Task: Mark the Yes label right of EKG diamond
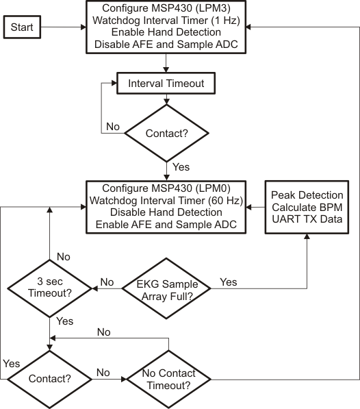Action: click(x=229, y=282)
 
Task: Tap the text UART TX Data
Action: click(x=305, y=219)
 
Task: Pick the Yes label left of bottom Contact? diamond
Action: click(x=11, y=363)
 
